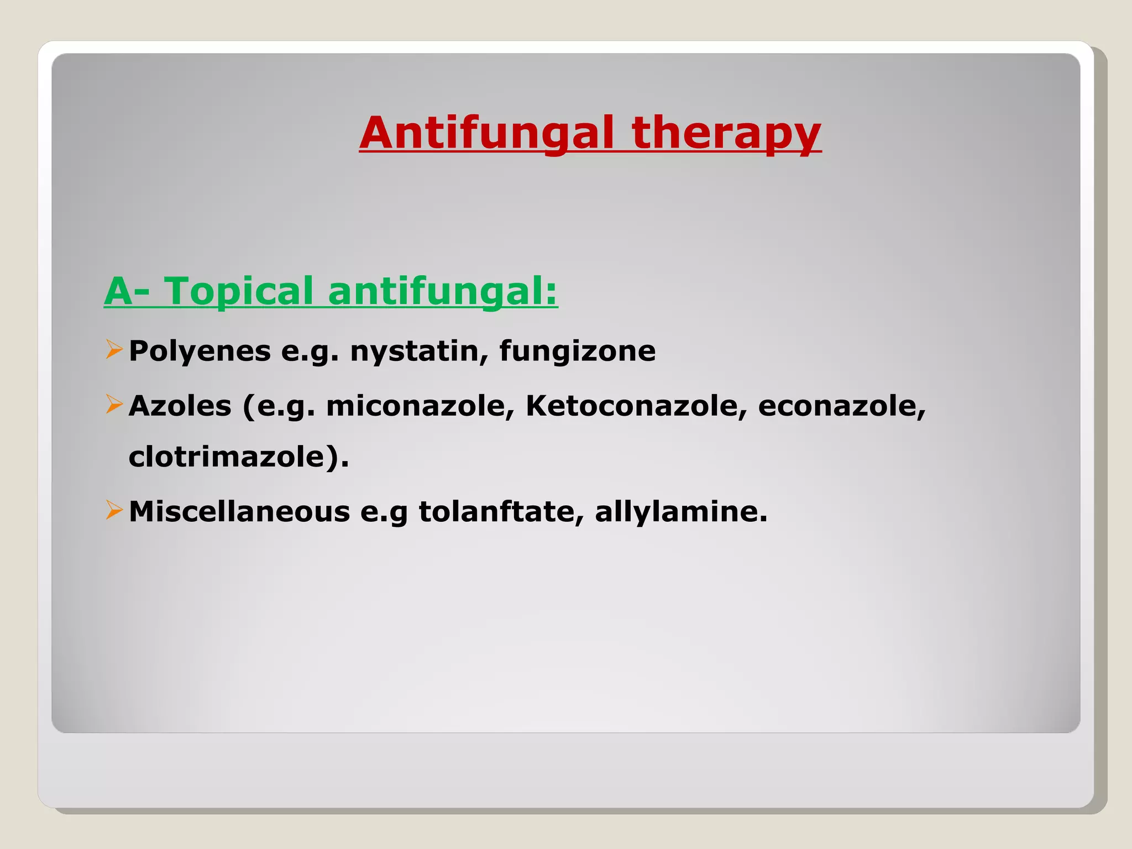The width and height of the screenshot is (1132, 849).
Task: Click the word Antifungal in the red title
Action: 486,133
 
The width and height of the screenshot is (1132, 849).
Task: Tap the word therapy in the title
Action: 726,133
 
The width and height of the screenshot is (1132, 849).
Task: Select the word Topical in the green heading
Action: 239,291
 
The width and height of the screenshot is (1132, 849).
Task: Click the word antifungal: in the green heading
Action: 442,291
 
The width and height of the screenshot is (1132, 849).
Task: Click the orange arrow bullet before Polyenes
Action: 114,350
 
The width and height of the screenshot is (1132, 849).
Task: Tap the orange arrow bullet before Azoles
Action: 114,405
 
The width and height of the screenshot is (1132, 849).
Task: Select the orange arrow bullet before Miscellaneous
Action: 114,510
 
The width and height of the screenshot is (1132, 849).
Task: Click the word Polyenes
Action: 200,351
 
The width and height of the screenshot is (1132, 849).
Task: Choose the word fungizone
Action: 577,351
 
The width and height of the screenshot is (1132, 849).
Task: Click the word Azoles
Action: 180,406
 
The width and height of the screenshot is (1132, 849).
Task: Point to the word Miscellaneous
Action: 239,511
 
